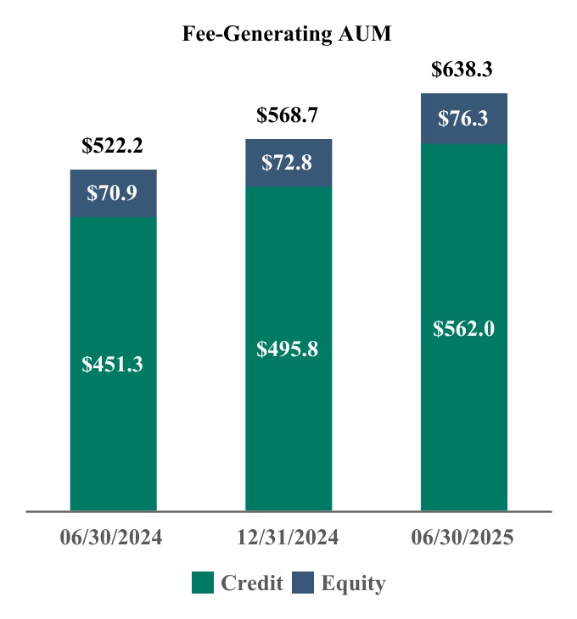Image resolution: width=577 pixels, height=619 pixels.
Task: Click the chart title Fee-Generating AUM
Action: point(288,34)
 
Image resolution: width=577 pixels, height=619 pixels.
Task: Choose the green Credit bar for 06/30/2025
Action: point(463,407)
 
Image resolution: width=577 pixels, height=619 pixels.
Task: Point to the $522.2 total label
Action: point(113,145)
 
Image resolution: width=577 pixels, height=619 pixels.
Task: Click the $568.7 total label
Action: point(288,115)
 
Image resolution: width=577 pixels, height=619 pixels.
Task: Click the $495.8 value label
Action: point(288,349)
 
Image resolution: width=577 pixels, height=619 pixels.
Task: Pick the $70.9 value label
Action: point(113,193)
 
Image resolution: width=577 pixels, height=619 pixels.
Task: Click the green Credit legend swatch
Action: point(202,583)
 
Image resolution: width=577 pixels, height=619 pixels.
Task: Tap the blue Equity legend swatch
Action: point(303,583)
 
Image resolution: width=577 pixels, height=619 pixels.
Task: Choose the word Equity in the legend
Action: point(353,583)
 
